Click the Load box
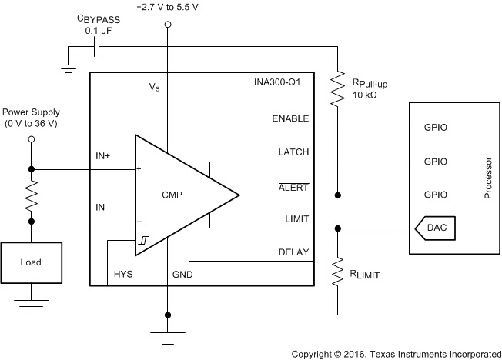31,262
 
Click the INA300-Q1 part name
285,83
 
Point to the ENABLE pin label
290,118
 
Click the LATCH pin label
293,152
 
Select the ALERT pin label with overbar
293,186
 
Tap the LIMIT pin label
296,219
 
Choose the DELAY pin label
293,252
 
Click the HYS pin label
123,274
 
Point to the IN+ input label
102,157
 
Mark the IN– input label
102,208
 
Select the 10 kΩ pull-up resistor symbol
337,88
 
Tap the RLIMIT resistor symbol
337,271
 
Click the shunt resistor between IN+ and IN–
32,195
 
